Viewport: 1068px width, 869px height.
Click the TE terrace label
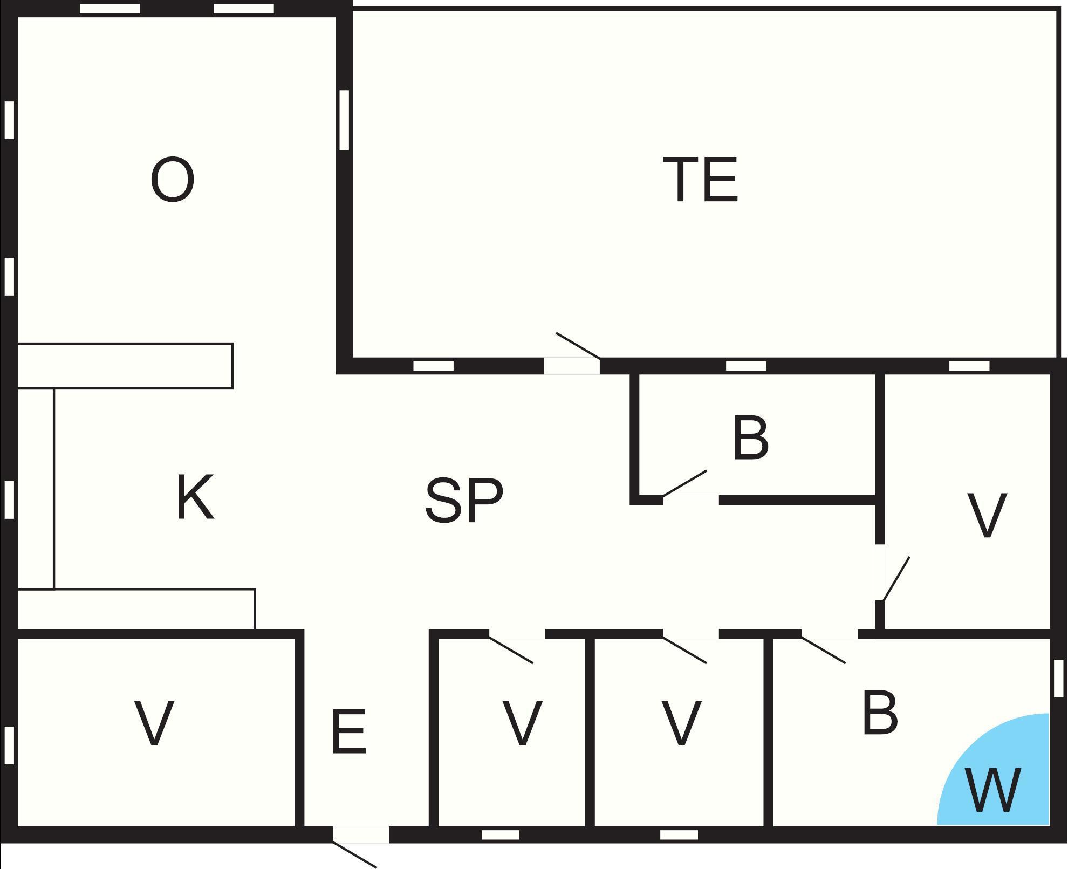point(700,180)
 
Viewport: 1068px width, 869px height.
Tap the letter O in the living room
point(173,180)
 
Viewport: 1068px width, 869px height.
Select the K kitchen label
point(195,497)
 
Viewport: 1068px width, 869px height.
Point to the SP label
point(464,501)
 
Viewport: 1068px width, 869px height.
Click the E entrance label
point(349,731)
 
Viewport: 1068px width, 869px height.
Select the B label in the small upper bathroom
point(751,437)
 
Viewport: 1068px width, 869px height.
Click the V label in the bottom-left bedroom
point(154,723)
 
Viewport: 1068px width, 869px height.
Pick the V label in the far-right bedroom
point(987,515)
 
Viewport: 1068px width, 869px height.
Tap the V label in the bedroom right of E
point(522,723)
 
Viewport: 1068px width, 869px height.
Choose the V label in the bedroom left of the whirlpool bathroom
point(682,723)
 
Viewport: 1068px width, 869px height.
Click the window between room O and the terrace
point(344,120)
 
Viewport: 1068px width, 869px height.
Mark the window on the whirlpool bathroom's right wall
point(1058,678)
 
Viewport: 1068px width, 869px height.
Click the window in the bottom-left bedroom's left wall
point(9,745)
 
